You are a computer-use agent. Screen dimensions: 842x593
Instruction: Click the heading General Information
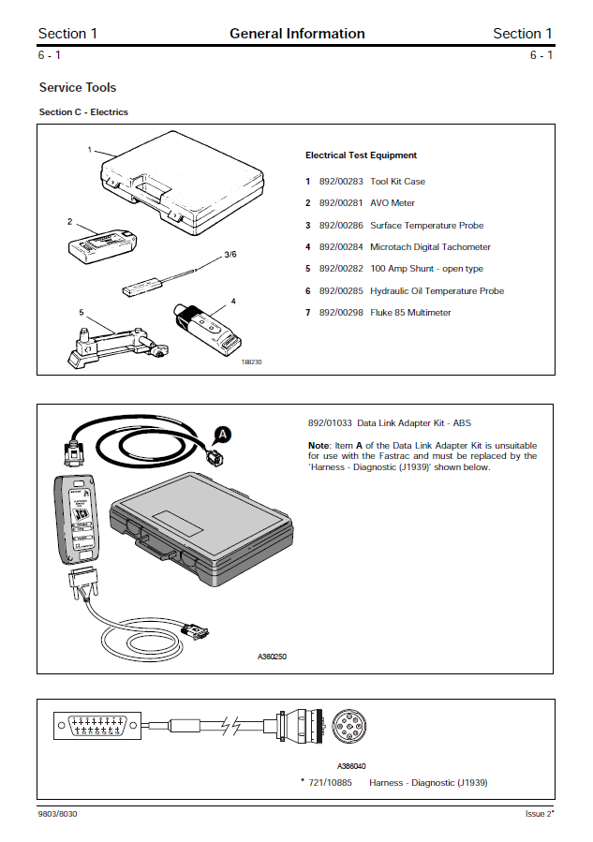pyautogui.click(x=297, y=34)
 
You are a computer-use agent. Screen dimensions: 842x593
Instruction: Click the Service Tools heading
pyautogui.click(x=78, y=87)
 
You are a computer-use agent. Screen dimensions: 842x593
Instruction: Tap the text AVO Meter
pyautogui.click(x=393, y=203)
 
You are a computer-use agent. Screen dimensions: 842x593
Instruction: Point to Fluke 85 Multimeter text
pyautogui.click(x=410, y=313)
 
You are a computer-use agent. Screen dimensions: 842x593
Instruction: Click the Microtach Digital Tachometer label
pyautogui.click(x=430, y=247)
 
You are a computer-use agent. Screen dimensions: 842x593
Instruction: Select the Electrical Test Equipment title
pyautogui.click(x=361, y=155)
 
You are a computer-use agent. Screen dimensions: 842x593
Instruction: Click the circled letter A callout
pyautogui.click(x=222, y=434)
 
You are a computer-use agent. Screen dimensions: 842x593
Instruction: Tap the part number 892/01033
pyautogui.click(x=330, y=423)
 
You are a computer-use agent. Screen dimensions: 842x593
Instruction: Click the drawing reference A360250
pyautogui.click(x=272, y=657)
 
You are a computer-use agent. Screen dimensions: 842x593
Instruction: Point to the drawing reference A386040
pyautogui.click(x=352, y=765)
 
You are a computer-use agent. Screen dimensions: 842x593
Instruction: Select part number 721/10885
pyautogui.click(x=331, y=782)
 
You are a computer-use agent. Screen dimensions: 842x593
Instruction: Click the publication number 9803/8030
pyautogui.click(x=58, y=814)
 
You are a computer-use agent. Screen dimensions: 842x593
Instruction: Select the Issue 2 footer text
pyautogui.click(x=539, y=814)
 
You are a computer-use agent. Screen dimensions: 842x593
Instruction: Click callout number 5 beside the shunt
pyautogui.click(x=82, y=312)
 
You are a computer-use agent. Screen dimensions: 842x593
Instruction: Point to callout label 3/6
pyautogui.click(x=230, y=255)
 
